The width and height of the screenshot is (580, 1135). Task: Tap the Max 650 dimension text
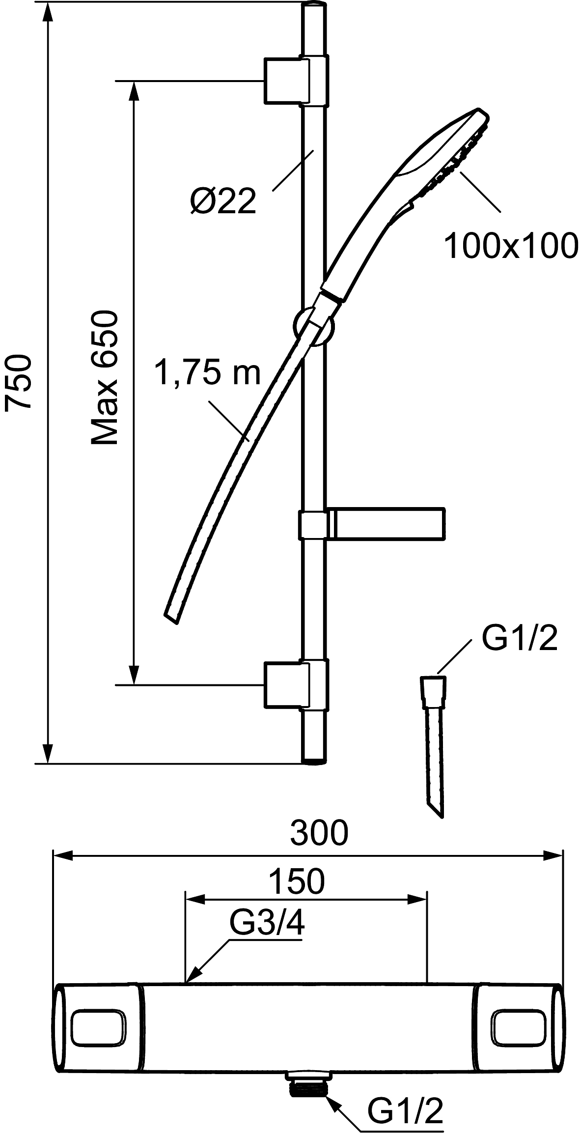(105, 378)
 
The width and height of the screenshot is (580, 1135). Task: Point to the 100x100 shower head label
(511, 246)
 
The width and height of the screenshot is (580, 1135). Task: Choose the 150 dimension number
(298, 881)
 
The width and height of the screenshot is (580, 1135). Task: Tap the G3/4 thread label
(267, 925)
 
